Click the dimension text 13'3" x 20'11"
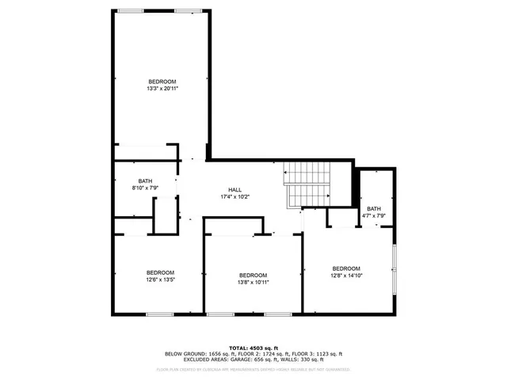tap(162, 89)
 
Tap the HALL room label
tap(235, 190)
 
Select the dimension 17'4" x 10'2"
tap(235, 197)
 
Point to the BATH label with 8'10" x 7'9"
tap(145, 180)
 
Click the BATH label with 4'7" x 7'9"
tap(373, 209)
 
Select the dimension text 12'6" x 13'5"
tap(160, 279)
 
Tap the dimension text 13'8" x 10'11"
tap(253, 283)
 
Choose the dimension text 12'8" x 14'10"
tap(346, 275)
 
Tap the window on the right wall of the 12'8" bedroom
tap(394, 270)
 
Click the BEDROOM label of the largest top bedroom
tap(162, 82)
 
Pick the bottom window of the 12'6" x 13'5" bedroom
tap(159, 314)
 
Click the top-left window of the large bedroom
tap(131, 10)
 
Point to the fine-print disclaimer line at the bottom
tap(253, 369)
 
